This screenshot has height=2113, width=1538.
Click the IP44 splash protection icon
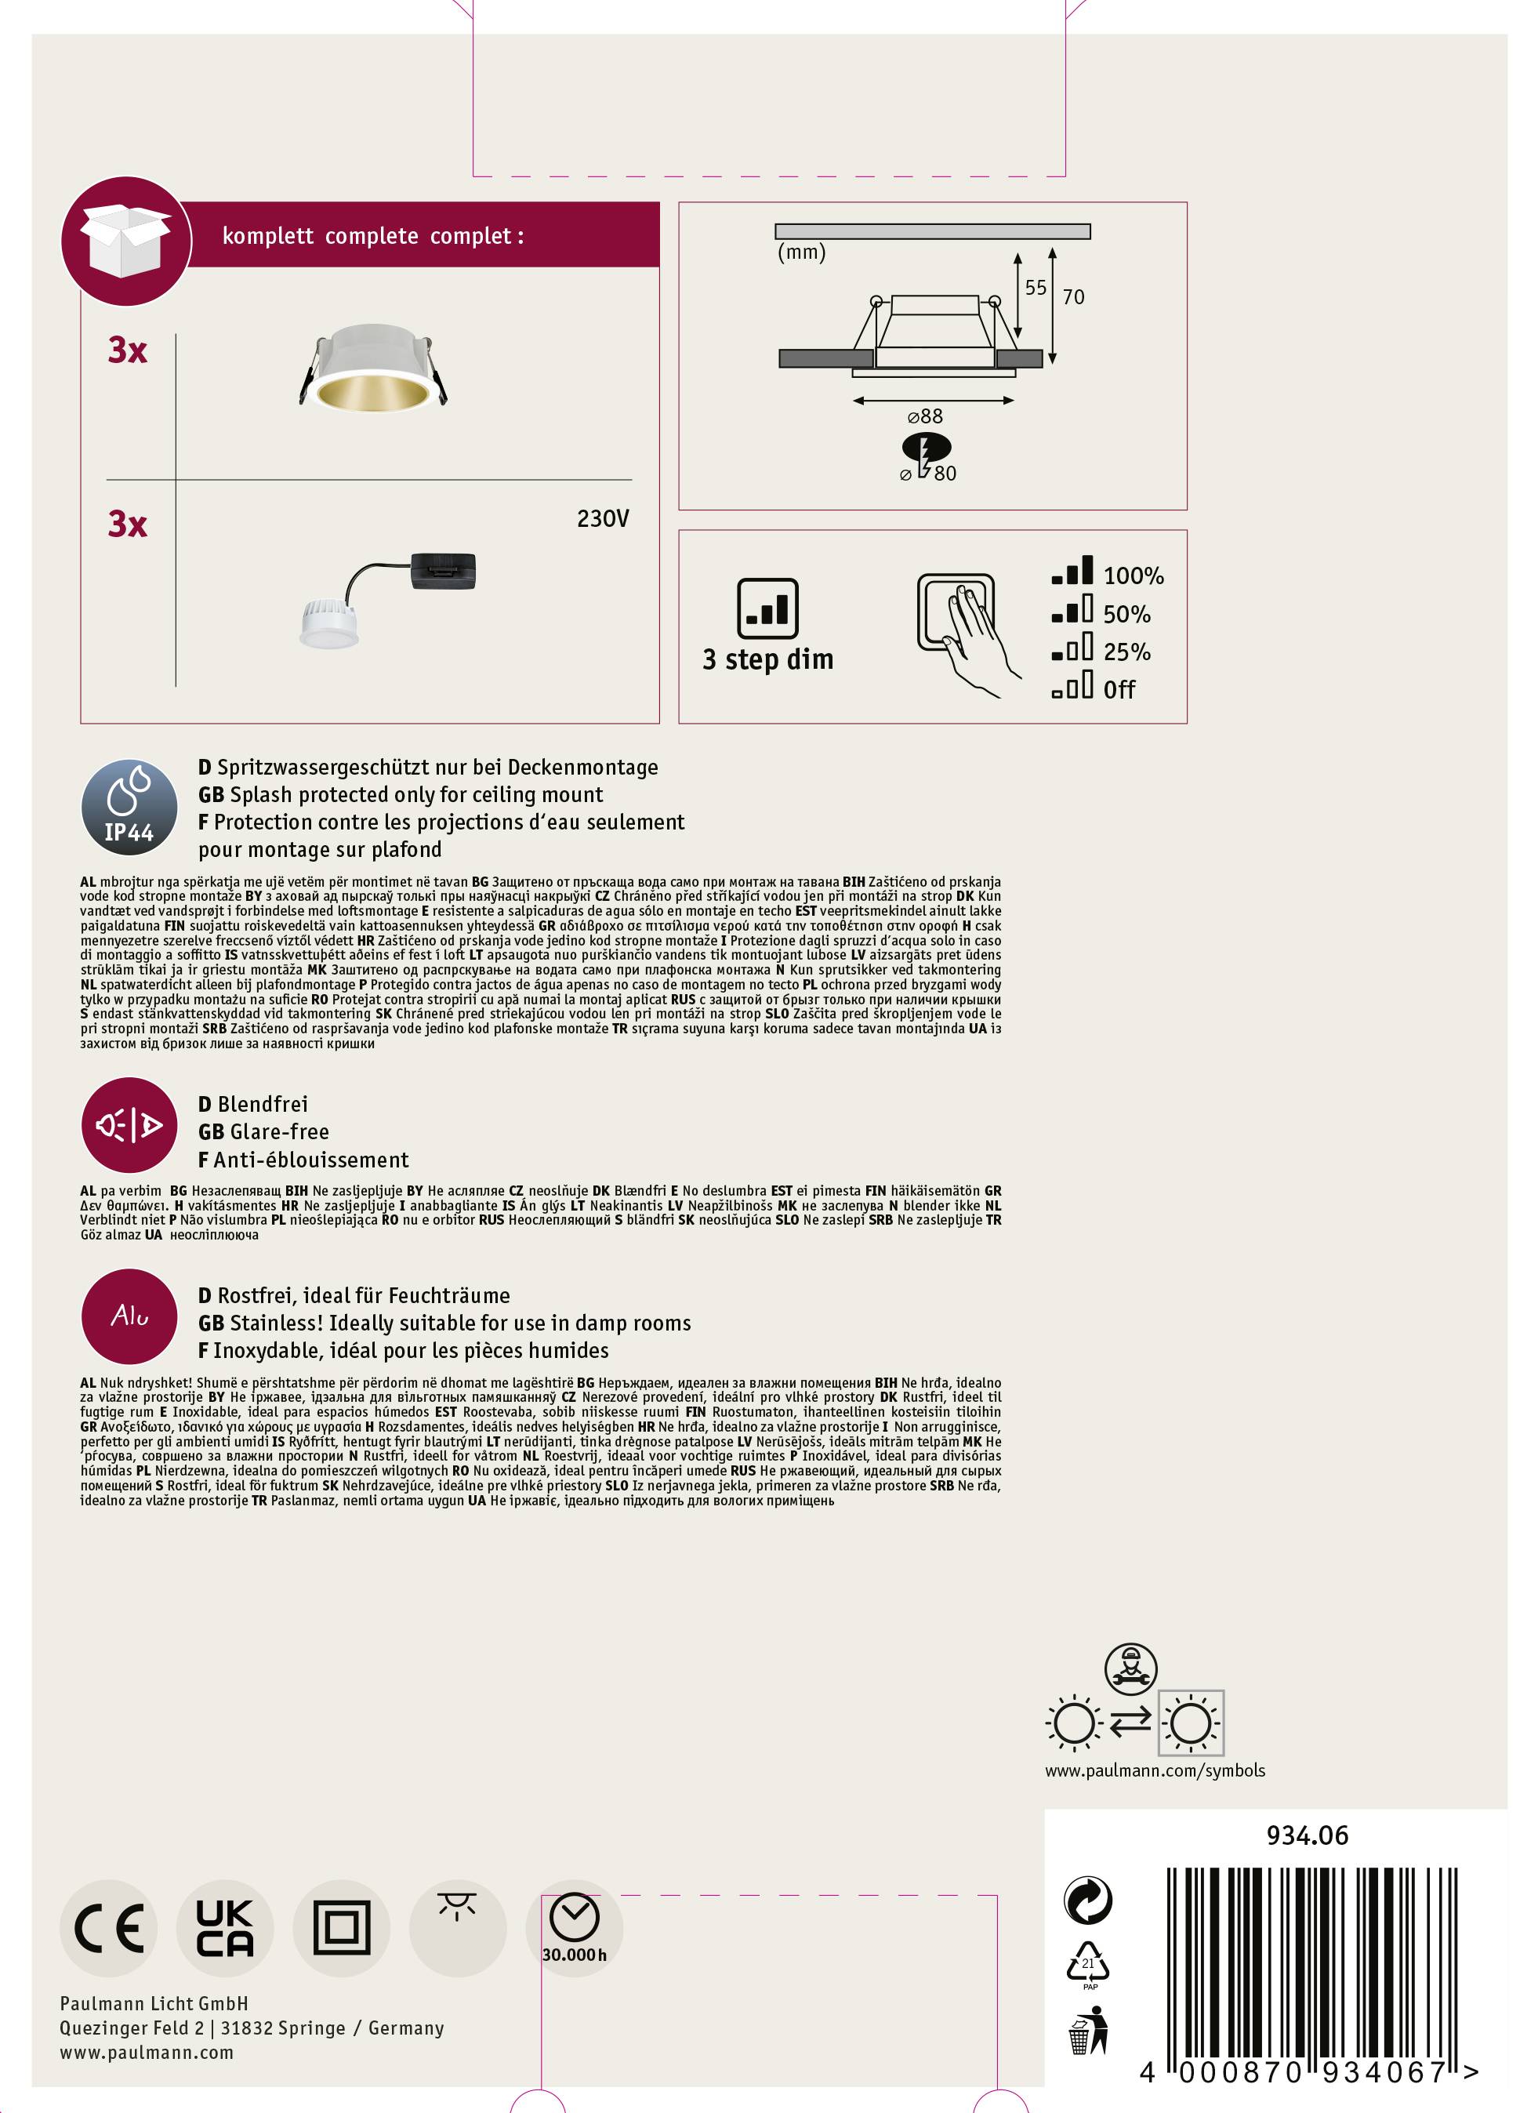(x=129, y=806)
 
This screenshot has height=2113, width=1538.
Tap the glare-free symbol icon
(x=129, y=1125)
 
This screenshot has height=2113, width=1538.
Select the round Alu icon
(x=129, y=1316)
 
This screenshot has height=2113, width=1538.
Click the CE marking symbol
(x=109, y=1928)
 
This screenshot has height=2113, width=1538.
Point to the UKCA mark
(x=224, y=1928)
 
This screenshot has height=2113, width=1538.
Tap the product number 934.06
(x=1307, y=1835)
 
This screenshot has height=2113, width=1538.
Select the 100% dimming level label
(x=1134, y=575)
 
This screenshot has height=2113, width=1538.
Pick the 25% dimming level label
(x=1127, y=652)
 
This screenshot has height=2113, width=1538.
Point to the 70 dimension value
(x=1073, y=296)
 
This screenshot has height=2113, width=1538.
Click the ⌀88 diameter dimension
(x=925, y=416)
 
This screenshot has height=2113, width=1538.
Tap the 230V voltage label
(x=603, y=519)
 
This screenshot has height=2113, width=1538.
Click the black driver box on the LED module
(x=444, y=570)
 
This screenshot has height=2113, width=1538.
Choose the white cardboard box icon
(x=125, y=241)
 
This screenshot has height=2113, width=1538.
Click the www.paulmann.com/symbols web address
(x=1154, y=1770)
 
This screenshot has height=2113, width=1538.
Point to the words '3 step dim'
(x=767, y=659)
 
